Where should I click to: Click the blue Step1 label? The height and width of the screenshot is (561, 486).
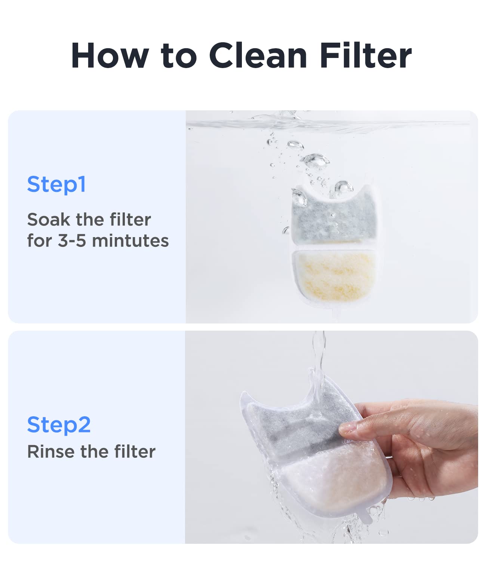(56, 184)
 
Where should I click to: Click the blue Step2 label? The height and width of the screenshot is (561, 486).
(59, 425)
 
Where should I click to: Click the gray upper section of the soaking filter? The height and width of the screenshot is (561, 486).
(333, 221)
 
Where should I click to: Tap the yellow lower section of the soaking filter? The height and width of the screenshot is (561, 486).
(333, 275)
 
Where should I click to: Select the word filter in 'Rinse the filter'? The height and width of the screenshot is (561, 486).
(135, 452)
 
